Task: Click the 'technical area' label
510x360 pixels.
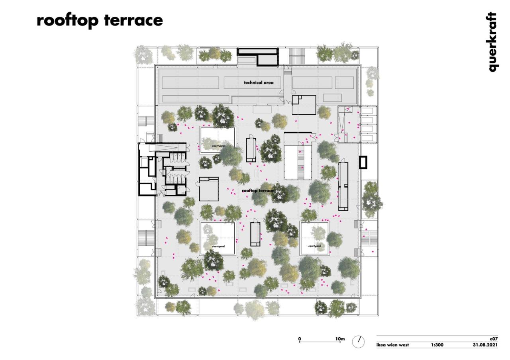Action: [259, 82]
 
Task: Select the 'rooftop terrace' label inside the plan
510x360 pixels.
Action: [258, 191]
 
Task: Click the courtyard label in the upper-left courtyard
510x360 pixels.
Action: [218, 146]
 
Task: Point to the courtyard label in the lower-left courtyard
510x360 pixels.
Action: [218, 247]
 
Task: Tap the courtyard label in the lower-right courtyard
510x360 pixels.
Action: [314, 246]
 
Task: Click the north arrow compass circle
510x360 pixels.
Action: [358, 342]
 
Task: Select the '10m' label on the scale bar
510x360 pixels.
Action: [339, 339]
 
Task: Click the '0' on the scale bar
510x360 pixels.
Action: [300, 339]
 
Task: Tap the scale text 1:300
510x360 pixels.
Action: [437, 345]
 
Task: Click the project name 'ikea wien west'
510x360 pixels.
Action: [392, 345]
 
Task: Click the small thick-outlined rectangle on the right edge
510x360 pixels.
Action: [363, 162]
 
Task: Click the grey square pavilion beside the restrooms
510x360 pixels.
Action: [209, 190]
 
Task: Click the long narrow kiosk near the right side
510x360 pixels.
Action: [343, 186]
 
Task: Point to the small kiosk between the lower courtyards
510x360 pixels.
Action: [255, 234]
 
